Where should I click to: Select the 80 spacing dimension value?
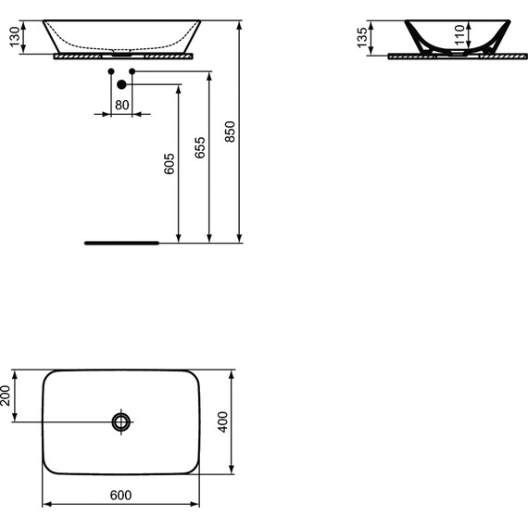click(x=121, y=105)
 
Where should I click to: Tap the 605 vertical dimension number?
click(x=169, y=163)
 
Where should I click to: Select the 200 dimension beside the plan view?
click(x=6, y=396)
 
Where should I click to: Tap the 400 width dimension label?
click(x=222, y=422)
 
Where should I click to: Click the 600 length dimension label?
click(x=121, y=496)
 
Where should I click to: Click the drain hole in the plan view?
click(x=121, y=422)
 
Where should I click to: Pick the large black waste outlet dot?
click(x=121, y=85)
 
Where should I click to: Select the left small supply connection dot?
click(x=110, y=70)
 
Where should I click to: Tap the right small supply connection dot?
click(x=132, y=70)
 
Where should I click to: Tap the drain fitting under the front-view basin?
click(x=121, y=53)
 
